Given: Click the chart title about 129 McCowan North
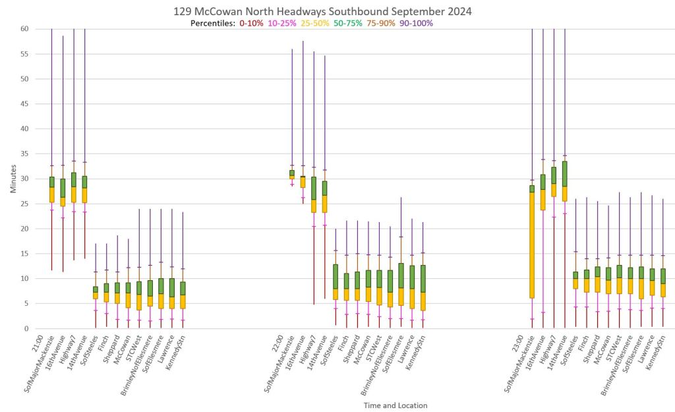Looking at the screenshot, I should (322, 11).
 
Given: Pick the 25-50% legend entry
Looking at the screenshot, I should (316, 23).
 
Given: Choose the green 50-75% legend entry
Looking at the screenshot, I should (349, 23).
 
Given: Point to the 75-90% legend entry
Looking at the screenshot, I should (382, 23).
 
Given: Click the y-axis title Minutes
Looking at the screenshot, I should (14, 179).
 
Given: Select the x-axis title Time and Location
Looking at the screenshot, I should (395, 405).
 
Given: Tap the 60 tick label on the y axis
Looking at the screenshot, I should (24, 29).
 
